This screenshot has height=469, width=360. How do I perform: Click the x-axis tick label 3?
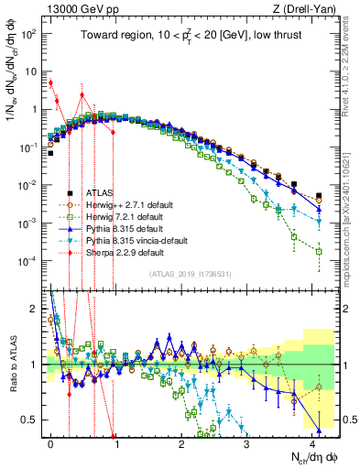point(247,442)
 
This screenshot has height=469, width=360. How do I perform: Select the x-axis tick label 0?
point(51,442)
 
